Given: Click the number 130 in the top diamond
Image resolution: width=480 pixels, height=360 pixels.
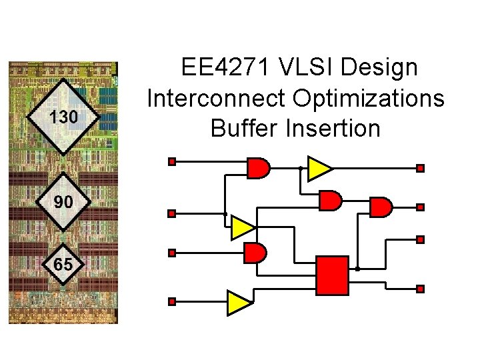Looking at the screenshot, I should coord(64,117).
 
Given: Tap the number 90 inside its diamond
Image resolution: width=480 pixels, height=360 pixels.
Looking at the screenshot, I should coord(63,201).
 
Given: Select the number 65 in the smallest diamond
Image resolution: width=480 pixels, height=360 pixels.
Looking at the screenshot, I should coord(63,265).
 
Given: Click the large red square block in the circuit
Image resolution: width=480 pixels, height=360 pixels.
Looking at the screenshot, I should coord(332,275).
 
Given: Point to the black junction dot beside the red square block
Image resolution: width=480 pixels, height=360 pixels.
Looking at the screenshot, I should coord(358,269).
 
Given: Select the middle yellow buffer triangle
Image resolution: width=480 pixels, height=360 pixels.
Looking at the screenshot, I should coord(243,228).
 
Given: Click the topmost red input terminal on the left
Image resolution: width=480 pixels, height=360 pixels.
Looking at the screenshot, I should coord(171,161).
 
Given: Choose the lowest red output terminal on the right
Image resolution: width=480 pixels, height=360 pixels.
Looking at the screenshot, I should coord(420,289).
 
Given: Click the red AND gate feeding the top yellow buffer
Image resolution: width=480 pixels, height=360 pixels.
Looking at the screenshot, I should coord(258,168).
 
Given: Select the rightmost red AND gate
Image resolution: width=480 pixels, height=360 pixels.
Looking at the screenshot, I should coord(381,207).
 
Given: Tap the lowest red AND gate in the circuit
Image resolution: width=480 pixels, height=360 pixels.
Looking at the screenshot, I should coord(255,253).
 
